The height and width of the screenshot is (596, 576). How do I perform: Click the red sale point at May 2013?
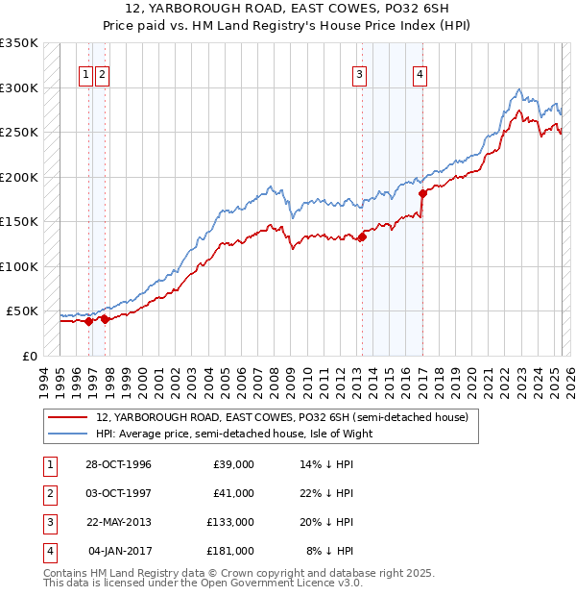pos(362,237)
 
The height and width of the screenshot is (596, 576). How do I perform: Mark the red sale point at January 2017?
pos(422,193)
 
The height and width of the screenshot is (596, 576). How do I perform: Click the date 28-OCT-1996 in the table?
pos(117,464)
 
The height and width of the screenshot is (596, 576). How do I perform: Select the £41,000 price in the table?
pos(233,493)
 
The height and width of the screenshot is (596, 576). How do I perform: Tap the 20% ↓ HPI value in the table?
pos(326,522)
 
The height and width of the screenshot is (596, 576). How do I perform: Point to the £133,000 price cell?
pos(230,522)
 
